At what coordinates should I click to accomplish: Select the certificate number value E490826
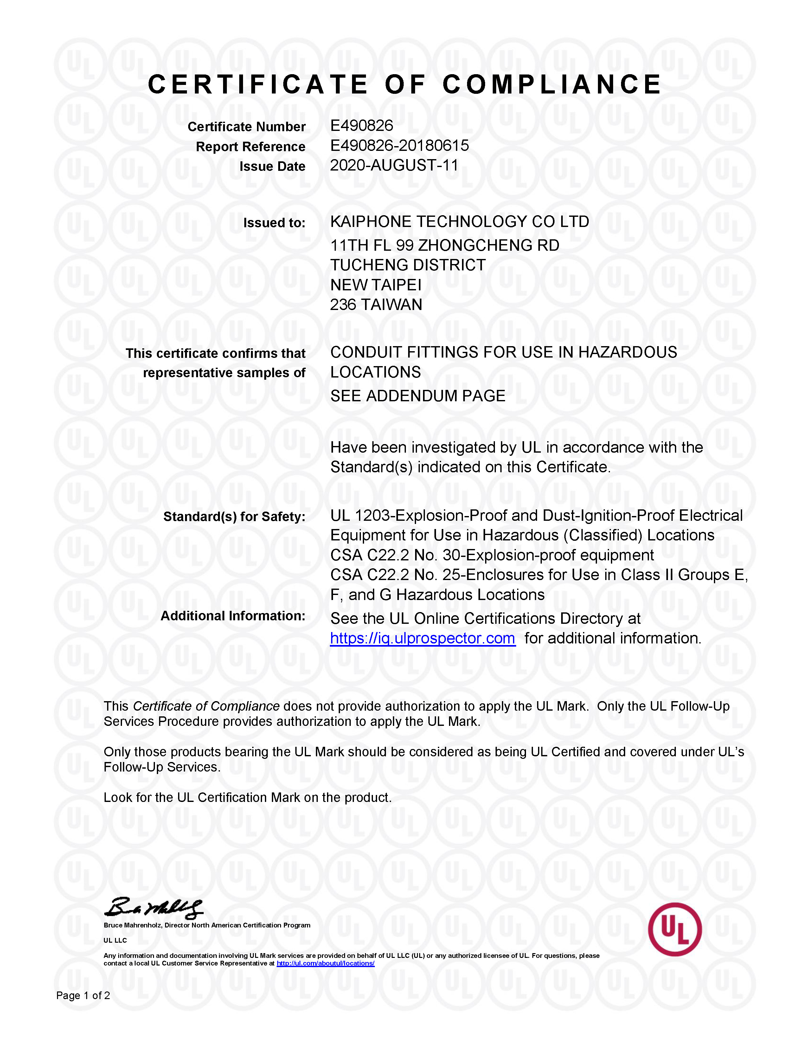362,126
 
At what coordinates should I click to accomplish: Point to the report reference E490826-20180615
399,145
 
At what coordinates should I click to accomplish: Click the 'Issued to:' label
274,223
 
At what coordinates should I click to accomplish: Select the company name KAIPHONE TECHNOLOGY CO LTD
459,222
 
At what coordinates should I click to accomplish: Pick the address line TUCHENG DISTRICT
408,265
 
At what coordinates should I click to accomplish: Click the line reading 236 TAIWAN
376,305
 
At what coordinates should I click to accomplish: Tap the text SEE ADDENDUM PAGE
417,396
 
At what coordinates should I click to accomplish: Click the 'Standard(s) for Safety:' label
234,516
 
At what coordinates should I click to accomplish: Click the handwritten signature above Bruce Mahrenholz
153,908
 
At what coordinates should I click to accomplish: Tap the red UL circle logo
675,930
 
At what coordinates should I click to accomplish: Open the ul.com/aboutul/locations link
325,963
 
